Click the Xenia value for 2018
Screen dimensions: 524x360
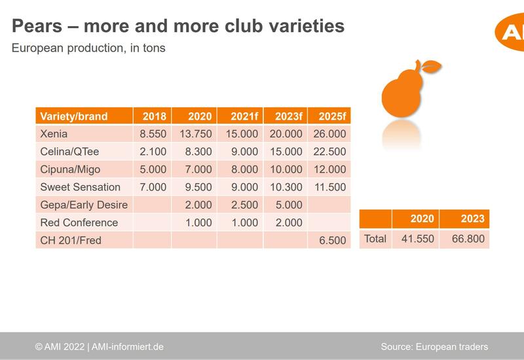(153, 134)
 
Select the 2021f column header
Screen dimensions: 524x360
(244, 117)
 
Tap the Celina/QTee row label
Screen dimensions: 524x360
(69, 152)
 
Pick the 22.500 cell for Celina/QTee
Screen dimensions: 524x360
(329, 152)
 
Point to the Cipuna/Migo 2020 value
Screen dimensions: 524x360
(198, 170)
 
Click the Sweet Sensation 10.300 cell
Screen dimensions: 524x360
(286, 187)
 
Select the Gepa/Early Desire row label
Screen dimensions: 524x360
(84, 205)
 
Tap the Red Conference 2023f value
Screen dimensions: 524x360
(289, 223)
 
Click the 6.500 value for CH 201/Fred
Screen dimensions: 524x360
(333, 240)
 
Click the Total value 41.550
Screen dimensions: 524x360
(418, 239)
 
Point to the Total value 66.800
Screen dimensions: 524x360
(468, 239)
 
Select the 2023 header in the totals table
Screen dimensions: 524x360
(472, 219)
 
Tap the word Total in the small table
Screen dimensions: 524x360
(375, 239)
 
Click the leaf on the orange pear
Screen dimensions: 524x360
(431, 66)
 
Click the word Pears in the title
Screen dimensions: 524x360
(37, 26)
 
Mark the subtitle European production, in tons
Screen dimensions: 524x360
(88, 48)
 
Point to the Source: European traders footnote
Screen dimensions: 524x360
(434, 347)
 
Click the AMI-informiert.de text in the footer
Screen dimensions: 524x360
(128, 347)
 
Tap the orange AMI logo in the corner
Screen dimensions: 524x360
(510, 32)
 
